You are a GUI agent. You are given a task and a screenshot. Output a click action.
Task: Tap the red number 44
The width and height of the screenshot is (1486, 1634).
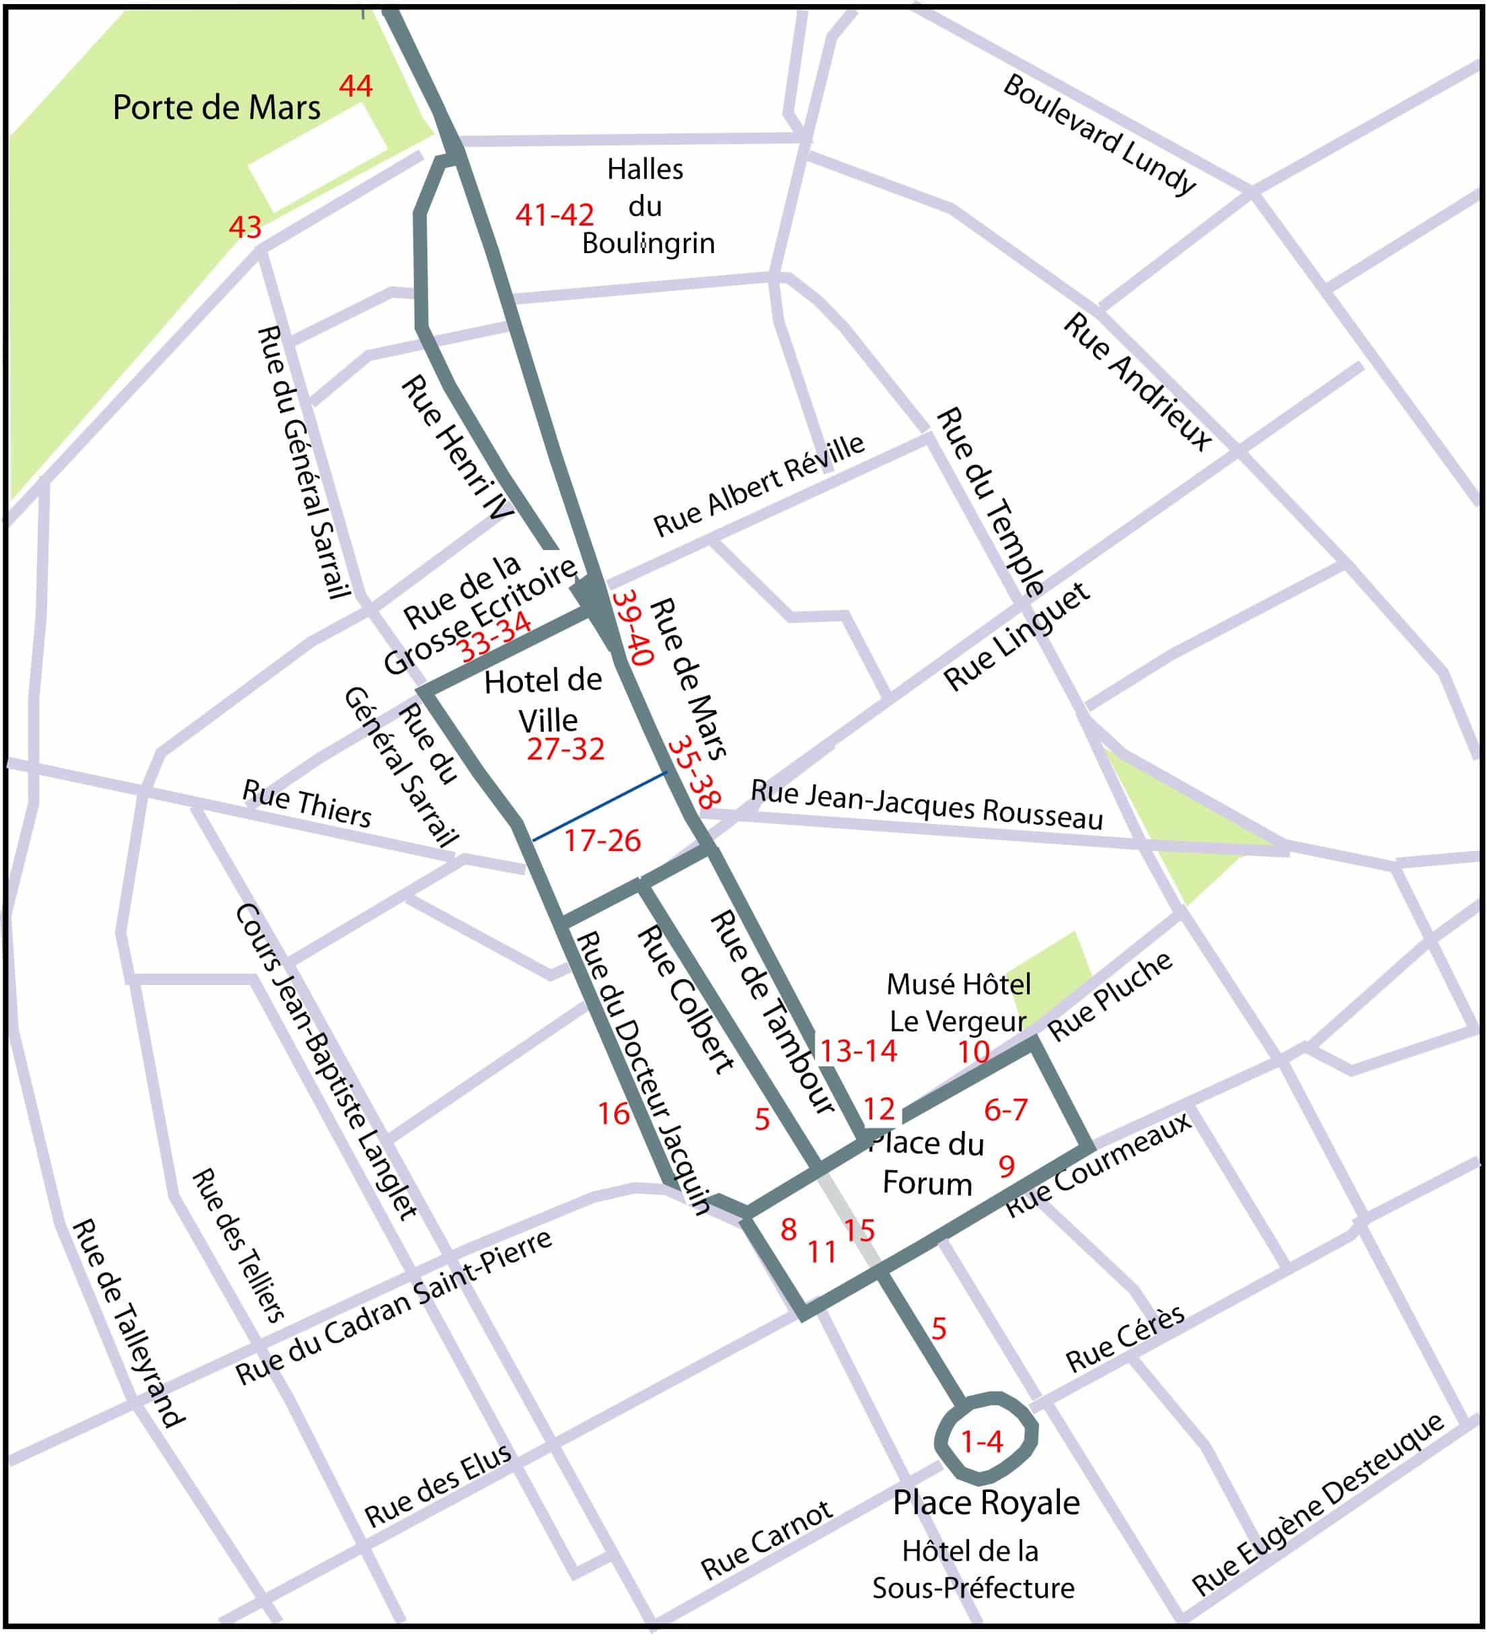tap(356, 86)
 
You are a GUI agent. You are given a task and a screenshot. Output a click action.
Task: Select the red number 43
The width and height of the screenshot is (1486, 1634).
tap(245, 227)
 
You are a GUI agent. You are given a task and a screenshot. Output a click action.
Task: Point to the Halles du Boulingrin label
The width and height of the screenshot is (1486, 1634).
tap(647, 207)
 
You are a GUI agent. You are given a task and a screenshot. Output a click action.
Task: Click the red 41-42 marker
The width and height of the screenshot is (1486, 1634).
tap(555, 215)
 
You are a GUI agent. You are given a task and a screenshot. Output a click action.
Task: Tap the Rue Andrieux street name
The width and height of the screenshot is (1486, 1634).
tap(1137, 381)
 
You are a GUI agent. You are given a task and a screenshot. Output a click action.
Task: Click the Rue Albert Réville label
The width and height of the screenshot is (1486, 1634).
tap(759, 485)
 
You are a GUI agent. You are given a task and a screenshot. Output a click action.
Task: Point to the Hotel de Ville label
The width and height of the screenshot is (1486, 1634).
tap(544, 701)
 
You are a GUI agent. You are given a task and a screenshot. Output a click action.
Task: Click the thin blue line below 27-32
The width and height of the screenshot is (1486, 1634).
tap(600, 807)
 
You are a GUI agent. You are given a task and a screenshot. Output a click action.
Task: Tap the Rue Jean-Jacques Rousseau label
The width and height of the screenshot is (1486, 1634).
tap(927, 804)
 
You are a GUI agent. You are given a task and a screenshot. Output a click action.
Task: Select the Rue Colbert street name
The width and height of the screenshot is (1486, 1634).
tap(686, 1000)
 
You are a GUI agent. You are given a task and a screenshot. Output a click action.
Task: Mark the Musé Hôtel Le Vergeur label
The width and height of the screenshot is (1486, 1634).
tap(958, 1002)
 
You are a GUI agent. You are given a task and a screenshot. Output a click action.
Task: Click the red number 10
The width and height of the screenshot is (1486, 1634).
tap(973, 1052)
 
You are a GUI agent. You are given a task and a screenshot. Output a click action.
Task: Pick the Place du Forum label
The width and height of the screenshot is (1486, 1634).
tap(927, 1163)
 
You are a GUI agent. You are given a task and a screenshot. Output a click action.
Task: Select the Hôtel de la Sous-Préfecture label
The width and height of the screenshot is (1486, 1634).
tap(972, 1569)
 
